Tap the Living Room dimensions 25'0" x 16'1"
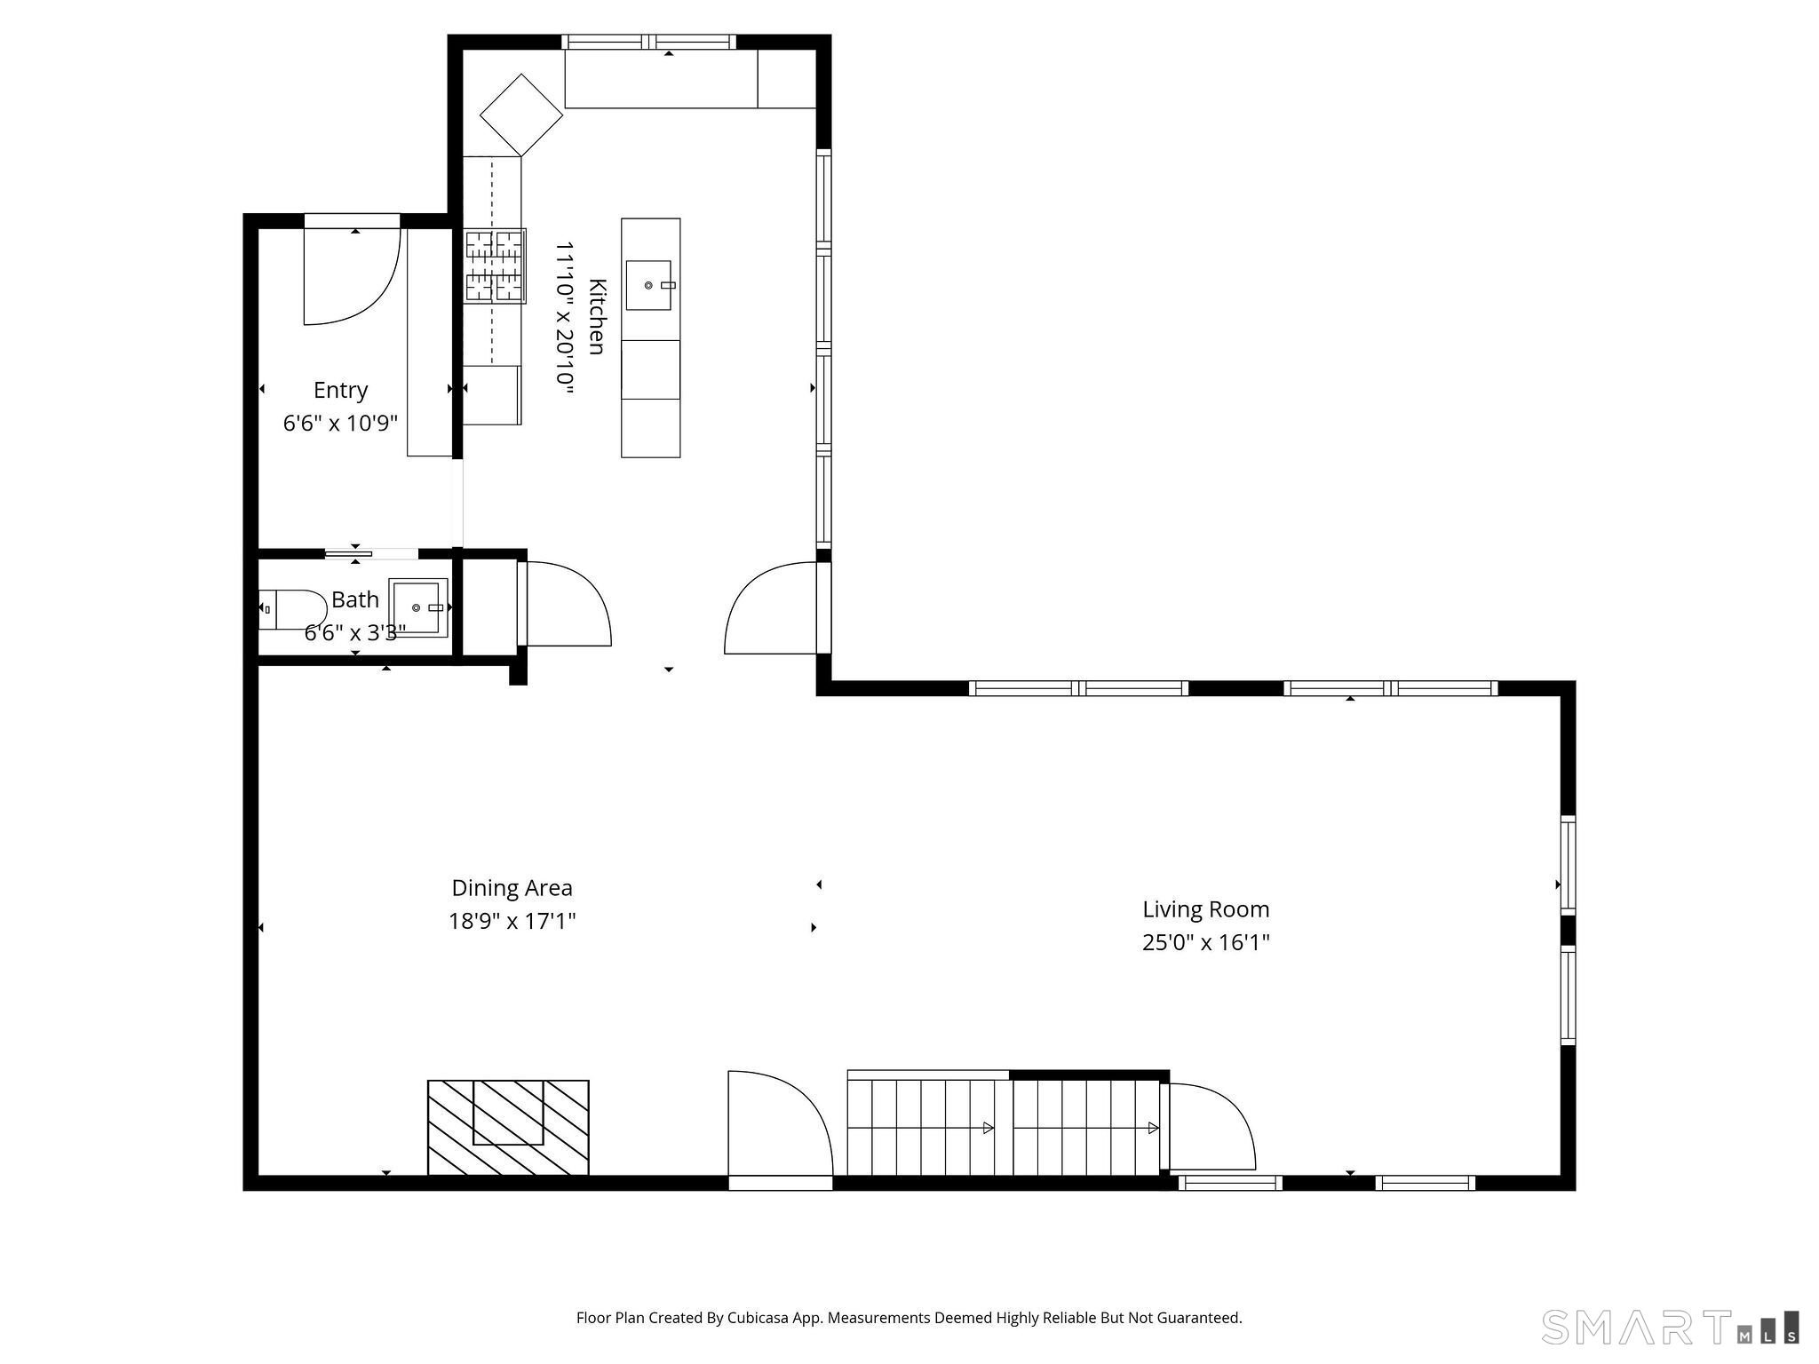[x=1205, y=942]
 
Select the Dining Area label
[x=512, y=888]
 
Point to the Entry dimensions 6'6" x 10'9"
[x=340, y=424]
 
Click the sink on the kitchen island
[x=648, y=285]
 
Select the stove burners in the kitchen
[x=495, y=266]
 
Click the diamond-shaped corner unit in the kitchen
[x=521, y=115]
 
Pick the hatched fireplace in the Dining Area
[x=508, y=1127]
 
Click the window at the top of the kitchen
[x=649, y=42]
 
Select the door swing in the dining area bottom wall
[x=779, y=1126]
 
